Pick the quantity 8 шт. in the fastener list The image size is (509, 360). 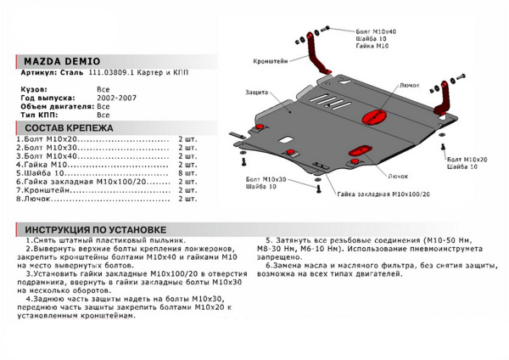pos(187,172)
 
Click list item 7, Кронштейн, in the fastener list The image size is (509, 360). pos(49,190)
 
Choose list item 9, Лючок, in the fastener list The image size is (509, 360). pos(42,200)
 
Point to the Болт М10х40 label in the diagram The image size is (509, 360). pos(376,31)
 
